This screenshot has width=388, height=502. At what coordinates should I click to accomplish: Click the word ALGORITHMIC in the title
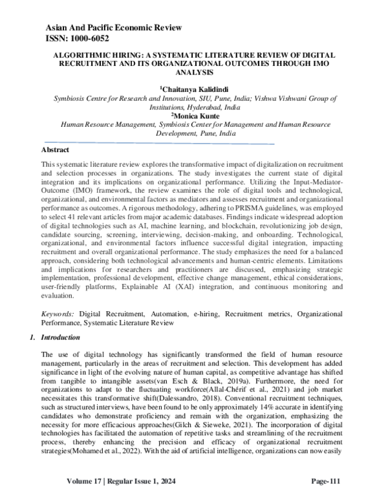[x=83, y=57]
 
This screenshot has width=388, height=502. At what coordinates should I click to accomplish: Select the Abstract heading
[x=56, y=149]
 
